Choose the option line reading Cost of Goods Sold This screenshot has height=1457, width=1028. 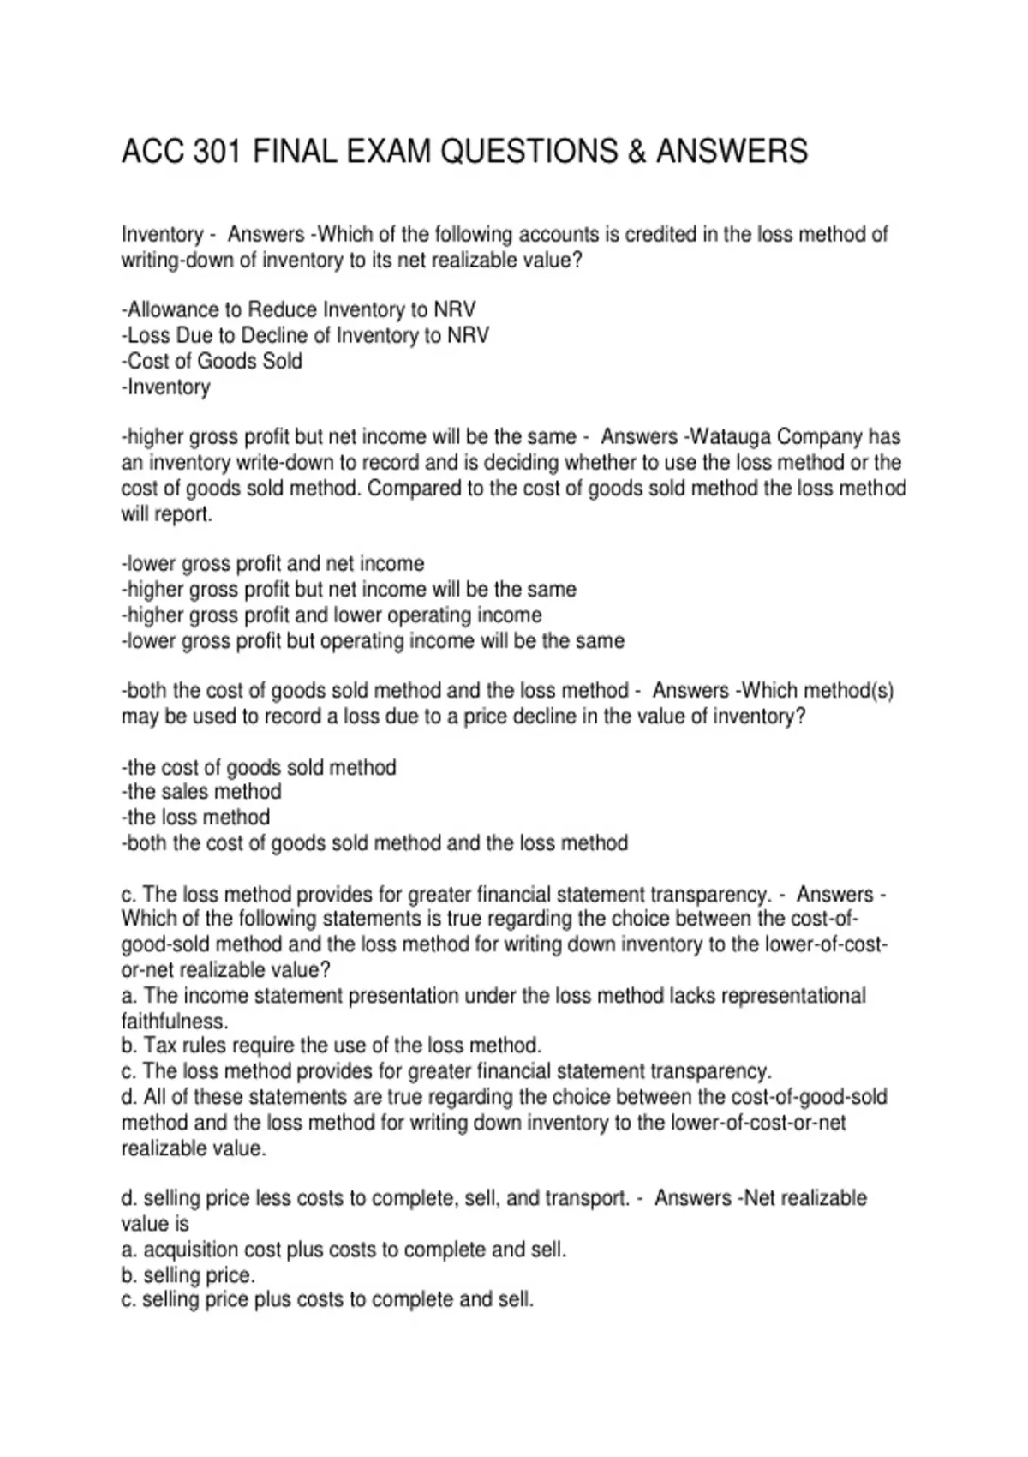212,361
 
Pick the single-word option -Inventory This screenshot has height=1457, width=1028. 166,387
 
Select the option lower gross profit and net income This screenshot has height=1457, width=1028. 273,564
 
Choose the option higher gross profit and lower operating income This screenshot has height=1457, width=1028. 332,615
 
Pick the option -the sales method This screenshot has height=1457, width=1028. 201,791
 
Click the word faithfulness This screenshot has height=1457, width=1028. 175,1021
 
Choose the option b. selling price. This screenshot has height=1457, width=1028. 188,1274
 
